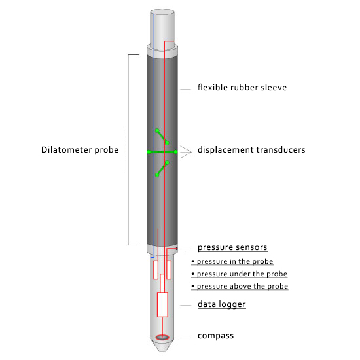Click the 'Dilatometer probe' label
click(x=80, y=150)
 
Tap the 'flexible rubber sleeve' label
click(x=242, y=88)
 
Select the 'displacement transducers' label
click(x=251, y=150)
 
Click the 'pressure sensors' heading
click(x=232, y=247)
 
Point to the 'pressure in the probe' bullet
click(x=232, y=262)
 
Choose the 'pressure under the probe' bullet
click(x=239, y=274)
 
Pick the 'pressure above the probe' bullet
click(x=240, y=286)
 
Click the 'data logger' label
click(x=221, y=304)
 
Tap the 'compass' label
click(x=215, y=336)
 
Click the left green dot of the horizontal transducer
click(x=149, y=152)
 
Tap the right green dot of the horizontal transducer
click(x=175, y=152)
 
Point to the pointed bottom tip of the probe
click(x=162, y=351)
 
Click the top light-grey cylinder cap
click(x=162, y=29)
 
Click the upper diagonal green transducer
click(x=162, y=137)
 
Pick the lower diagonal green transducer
click(x=162, y=169)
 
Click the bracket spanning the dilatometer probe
click(x=128, y=150)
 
